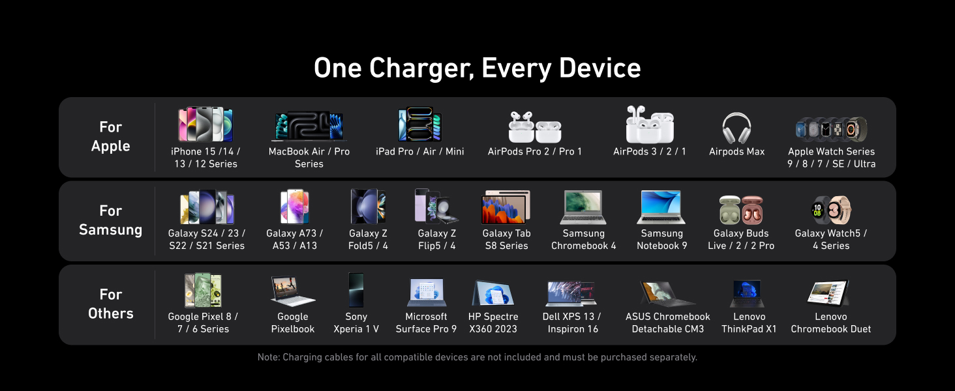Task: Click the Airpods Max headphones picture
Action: tap(736, 128)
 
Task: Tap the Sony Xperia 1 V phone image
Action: tap(356, 289)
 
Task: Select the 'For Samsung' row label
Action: tap(110, 220)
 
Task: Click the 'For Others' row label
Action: tap(110, 304)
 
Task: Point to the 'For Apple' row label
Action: tap(110, 136)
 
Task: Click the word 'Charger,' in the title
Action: tap(421, 69)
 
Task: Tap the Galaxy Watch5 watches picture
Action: tap(831, 210)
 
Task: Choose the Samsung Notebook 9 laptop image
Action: tap(661, 207)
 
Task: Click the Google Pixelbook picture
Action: tap(293, 291)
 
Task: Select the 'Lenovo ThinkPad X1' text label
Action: tap(749, 323)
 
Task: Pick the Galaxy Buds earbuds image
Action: tap(741, 210)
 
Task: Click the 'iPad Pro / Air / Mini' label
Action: tap(420, 152)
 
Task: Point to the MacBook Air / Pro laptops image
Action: tap(309, 126)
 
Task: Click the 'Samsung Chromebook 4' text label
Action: tap(584, 239)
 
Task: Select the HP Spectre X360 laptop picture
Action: tap(493, 293)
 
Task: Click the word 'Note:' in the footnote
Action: tap(269, 357)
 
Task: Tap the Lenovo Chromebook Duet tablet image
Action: tap(828, 293)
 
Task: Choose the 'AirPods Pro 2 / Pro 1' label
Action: tap(535, 152)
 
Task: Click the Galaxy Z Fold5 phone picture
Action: tap(368, 207)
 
